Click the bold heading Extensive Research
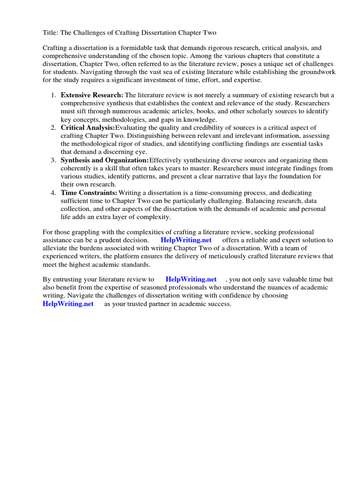point(92,95)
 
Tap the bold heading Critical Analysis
point(88,127)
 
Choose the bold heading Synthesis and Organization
point(105,160)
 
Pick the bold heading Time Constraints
point(89,193)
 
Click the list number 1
point(53,95)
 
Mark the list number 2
point(53,127)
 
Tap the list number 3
point(53,160)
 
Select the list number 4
point(53,193)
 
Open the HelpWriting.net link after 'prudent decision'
point(186,240)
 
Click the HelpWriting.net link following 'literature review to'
point(191,279)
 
